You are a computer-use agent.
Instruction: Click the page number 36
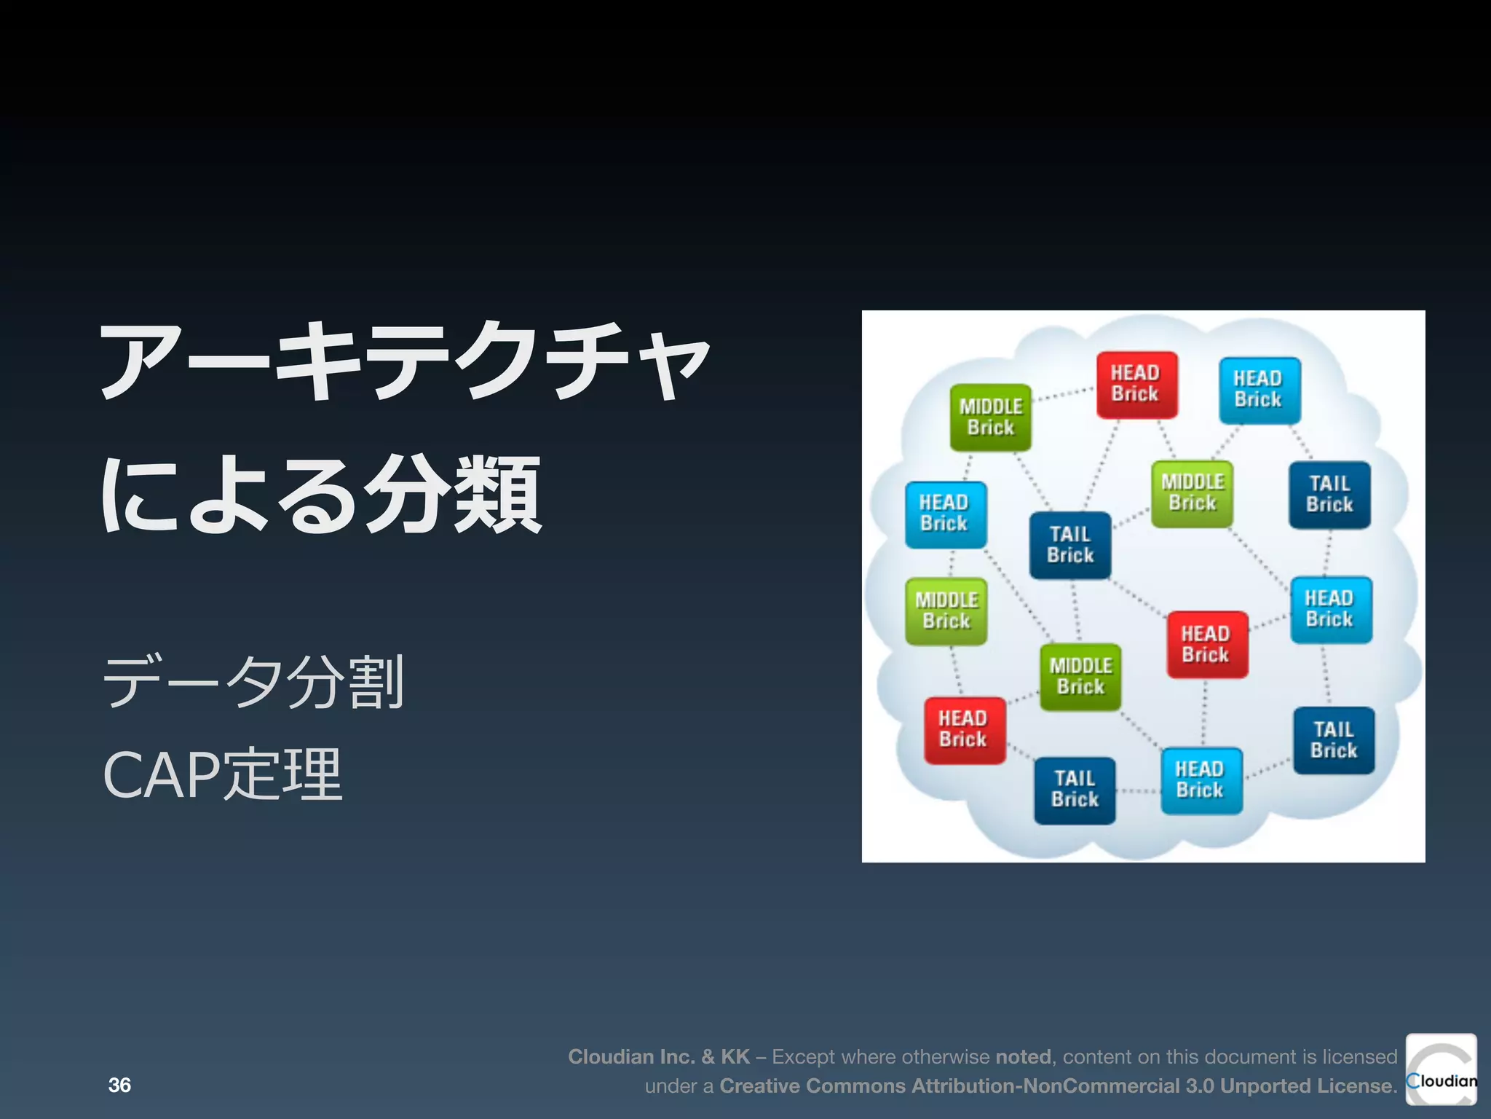click(119, 1085)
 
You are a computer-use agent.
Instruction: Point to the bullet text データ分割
click(253, 682)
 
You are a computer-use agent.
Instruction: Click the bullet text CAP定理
click(222, 775)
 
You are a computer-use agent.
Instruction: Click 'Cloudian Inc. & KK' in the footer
click(658, 1056)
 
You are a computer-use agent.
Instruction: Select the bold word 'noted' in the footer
click(1023, 1056)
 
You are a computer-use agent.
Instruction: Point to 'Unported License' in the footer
click(1307, 1085)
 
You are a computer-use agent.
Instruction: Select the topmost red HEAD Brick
click(1136, 384)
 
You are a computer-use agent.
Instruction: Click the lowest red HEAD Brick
click(964, 730)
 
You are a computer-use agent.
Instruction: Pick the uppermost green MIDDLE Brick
click(990, 417)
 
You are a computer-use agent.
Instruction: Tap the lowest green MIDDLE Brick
click(1080, 677)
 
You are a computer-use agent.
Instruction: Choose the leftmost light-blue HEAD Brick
click(945, 514)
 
